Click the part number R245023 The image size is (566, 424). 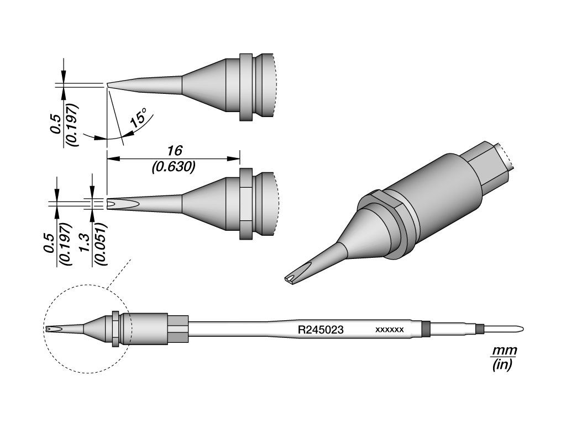point(320,330)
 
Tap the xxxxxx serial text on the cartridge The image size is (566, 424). point(390,330)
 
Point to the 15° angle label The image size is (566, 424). point(138,118)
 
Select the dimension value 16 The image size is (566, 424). point(174,150)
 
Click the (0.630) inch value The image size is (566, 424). point(174,167)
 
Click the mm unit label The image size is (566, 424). point(504,351)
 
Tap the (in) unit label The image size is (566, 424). point(502,365)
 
